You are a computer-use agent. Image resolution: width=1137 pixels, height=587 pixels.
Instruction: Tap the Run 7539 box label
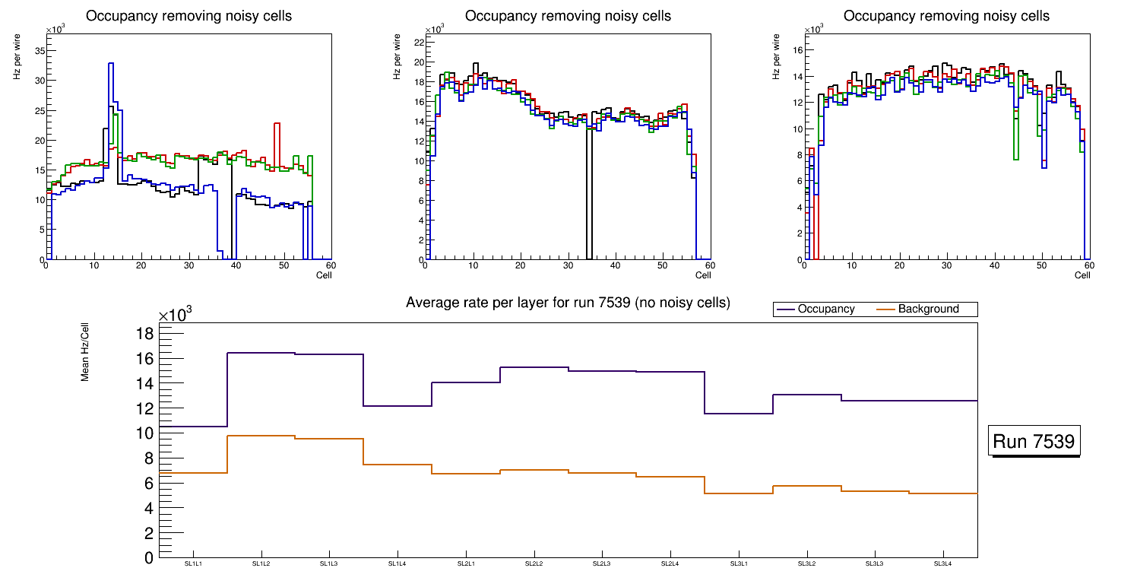coord(1034,442)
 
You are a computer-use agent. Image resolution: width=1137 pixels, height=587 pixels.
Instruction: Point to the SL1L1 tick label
coord(193,563)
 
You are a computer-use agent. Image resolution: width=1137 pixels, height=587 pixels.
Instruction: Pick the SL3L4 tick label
coord(942,563)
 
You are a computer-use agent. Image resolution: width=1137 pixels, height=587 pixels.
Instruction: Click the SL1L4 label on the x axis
coord(397,563)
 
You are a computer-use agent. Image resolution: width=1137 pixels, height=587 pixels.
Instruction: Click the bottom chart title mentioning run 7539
coord(568,303)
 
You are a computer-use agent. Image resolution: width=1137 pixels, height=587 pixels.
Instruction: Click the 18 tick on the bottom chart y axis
coord(145,334)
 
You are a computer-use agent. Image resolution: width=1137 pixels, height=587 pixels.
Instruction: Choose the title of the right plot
coord(946,16)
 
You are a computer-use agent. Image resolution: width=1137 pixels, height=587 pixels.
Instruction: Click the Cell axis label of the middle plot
coord(703,274)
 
